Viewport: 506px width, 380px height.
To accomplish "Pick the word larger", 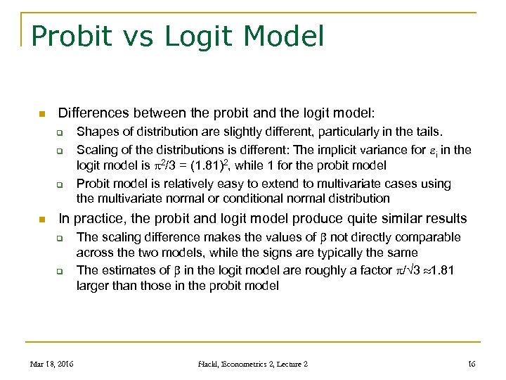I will [x=94, y=286].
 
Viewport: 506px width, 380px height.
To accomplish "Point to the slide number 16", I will [x=471, y=363].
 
